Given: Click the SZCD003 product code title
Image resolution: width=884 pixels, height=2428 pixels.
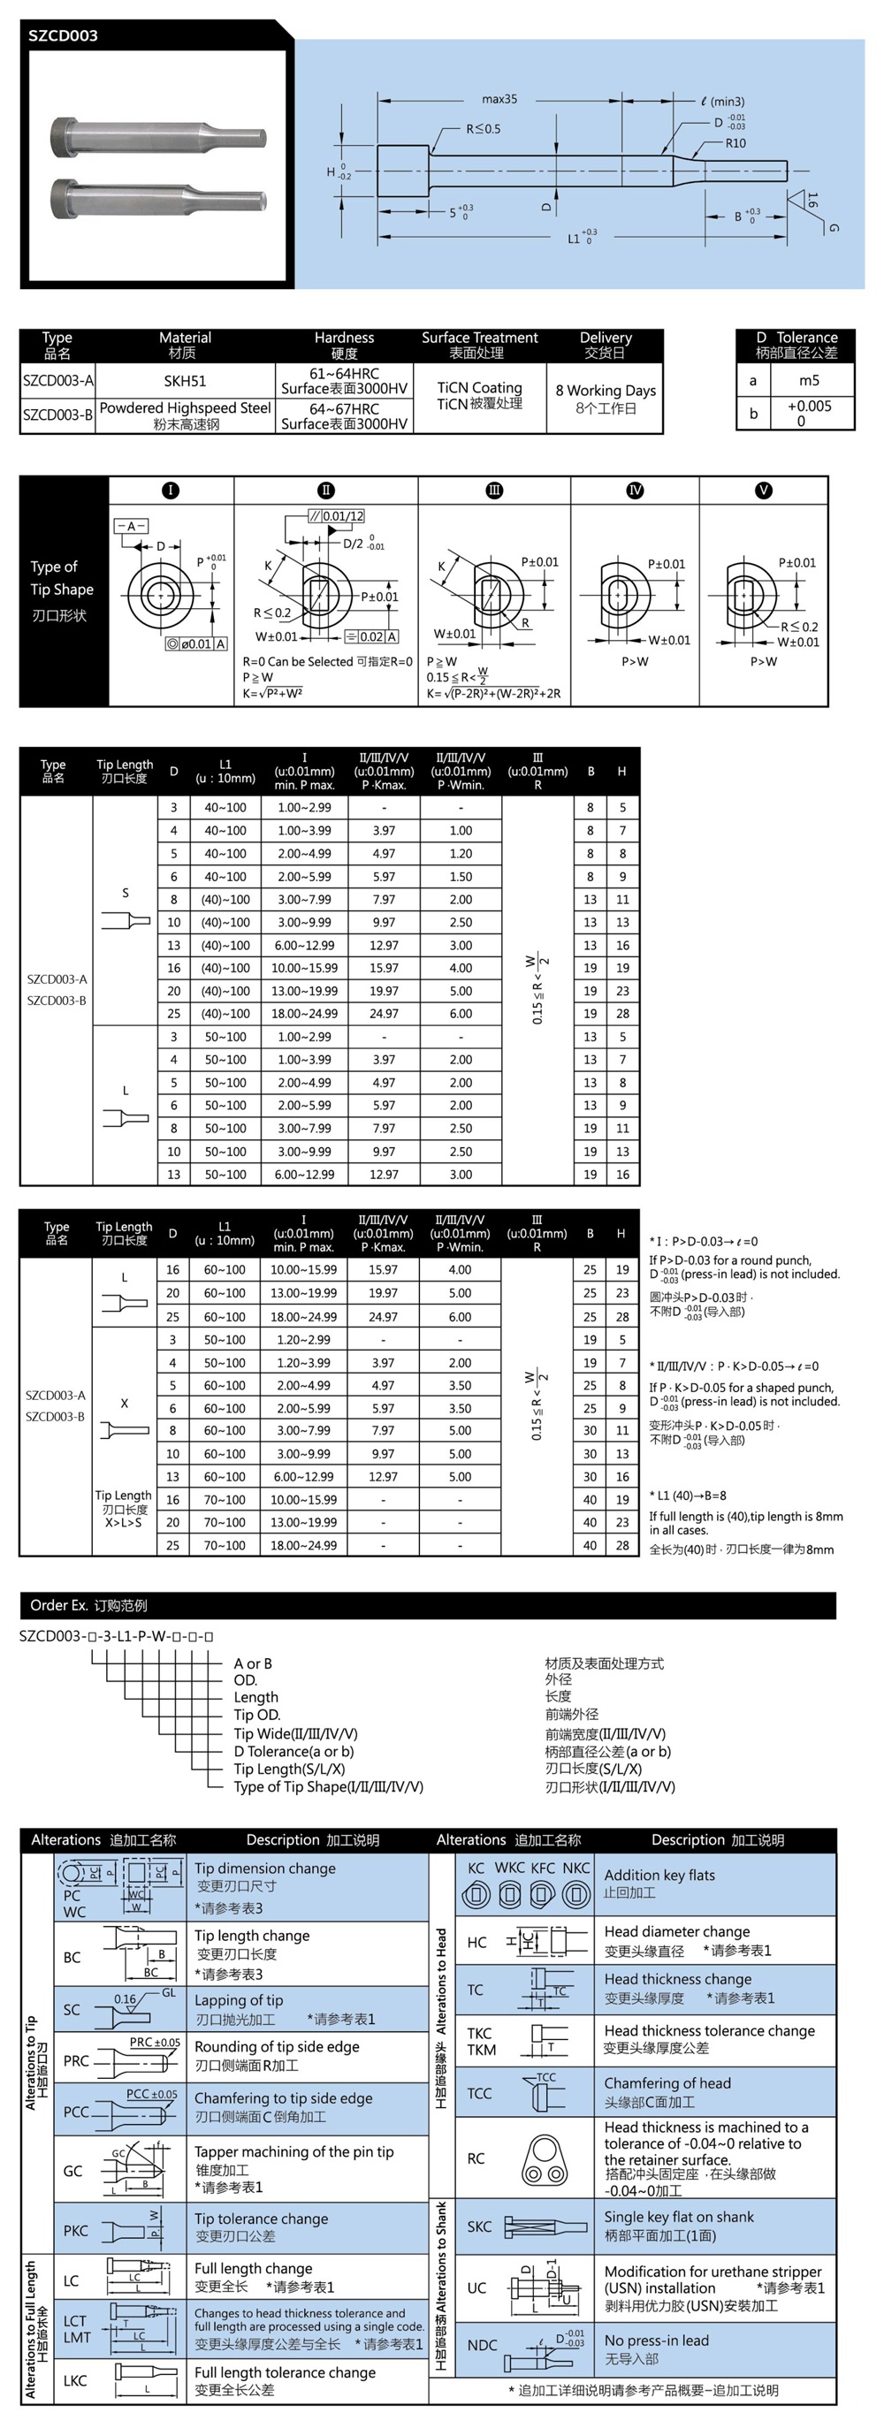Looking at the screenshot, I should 63,36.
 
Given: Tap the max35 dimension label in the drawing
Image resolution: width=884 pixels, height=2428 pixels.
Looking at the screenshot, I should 499,99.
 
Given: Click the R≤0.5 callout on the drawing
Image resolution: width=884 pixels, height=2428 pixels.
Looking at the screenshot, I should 483,129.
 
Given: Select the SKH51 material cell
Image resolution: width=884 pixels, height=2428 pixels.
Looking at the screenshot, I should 185,381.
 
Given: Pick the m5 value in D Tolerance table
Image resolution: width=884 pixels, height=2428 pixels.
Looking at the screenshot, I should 809,381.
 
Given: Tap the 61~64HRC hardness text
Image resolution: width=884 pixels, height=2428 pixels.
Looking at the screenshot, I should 344,374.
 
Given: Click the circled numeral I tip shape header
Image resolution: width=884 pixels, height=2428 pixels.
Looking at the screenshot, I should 171,491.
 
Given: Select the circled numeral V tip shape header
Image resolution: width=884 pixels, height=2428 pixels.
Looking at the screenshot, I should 764,491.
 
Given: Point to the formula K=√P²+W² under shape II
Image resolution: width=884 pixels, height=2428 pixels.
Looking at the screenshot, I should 272,694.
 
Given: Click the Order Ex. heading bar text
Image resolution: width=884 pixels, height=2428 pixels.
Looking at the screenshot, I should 88,1605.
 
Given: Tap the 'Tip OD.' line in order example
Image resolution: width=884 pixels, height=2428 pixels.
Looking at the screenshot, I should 256,1715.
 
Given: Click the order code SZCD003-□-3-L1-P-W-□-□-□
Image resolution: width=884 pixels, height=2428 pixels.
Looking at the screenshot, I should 117,1636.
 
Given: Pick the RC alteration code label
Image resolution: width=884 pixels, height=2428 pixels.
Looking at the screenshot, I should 476,2158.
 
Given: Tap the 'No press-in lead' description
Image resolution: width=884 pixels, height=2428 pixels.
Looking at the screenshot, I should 656,2340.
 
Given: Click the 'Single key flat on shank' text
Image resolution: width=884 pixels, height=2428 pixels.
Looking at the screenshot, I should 679,2217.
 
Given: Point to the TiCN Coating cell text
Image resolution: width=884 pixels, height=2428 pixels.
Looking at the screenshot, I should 479,387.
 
